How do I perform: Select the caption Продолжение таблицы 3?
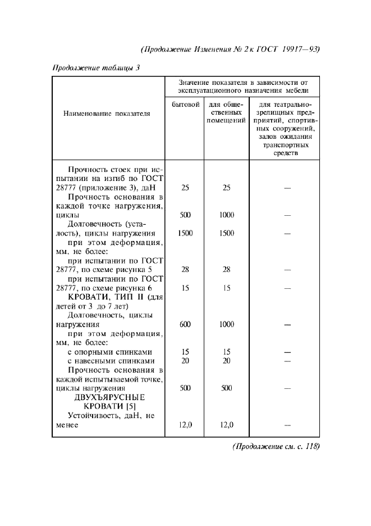click(x=95, y=68)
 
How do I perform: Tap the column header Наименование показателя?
click(x=109, y=113)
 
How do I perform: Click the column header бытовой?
click(x=185, y=105)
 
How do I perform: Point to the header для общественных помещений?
click(x=226, y=112)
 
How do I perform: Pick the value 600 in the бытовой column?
click(x=185, y=324)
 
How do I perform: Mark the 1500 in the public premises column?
click(x=226, y=233)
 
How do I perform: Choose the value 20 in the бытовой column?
click(x=185, y=361)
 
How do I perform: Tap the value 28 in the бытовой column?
click(x=185, y=269)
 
